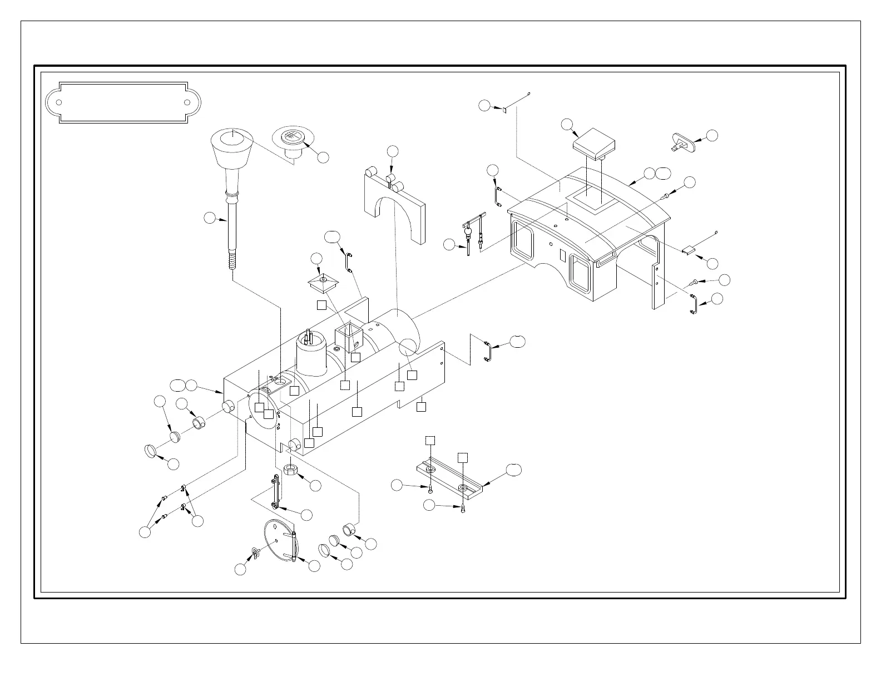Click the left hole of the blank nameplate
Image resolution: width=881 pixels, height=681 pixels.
(x=59, y=103)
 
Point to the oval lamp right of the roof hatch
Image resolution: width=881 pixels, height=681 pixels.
(x=684, y=141)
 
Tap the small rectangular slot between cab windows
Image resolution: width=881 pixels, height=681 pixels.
(x=563, y=255)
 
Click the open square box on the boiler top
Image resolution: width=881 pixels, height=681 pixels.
(x=348, y=337)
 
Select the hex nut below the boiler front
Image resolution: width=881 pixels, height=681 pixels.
(x=291, y=470)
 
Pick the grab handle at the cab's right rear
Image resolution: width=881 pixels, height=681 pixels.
(x=693, y=304)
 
